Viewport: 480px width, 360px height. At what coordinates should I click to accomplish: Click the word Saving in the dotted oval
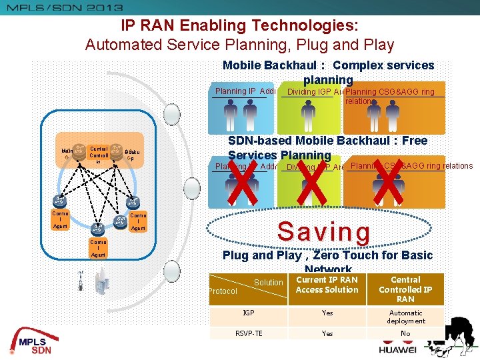point(323,231)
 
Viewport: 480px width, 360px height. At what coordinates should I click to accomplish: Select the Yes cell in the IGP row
point(327,313)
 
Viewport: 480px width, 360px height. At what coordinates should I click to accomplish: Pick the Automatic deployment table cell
point(405,317)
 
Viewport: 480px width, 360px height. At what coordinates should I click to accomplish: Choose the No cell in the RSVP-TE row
point(405,334)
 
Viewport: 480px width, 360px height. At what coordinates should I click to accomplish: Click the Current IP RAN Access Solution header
point(327,285)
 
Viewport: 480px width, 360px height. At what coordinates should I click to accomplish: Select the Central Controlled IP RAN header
point(405,289)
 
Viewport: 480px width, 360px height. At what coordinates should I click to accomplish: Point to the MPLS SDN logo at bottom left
point(34,341)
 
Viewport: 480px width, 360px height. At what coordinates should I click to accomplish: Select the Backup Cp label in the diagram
point(131,155)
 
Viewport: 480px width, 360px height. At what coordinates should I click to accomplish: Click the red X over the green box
point(311,181)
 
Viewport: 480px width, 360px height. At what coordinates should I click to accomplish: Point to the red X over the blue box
point(244,181)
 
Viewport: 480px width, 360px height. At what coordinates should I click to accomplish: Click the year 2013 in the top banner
point(101,7)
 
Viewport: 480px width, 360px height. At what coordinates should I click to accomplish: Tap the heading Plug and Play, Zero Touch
point(327,255)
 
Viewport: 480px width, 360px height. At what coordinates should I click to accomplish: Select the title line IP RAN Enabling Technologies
point(239,26)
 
